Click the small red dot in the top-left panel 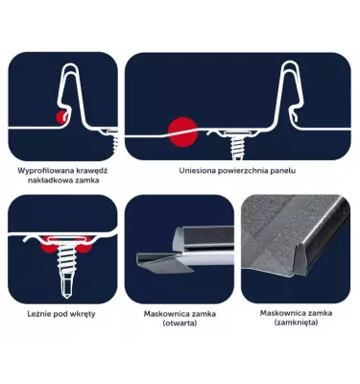click(61, 117)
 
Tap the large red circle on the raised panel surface click(182, 132)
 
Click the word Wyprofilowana click(44, 171)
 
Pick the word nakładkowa click(50, 180)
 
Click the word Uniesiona click(197, 171)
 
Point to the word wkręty click(84, 314)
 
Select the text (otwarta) click(180, 324)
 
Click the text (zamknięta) click(296, 323)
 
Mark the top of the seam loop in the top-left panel click(71, 65)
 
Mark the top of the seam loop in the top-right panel click(292, 64)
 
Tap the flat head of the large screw click(66, 239)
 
